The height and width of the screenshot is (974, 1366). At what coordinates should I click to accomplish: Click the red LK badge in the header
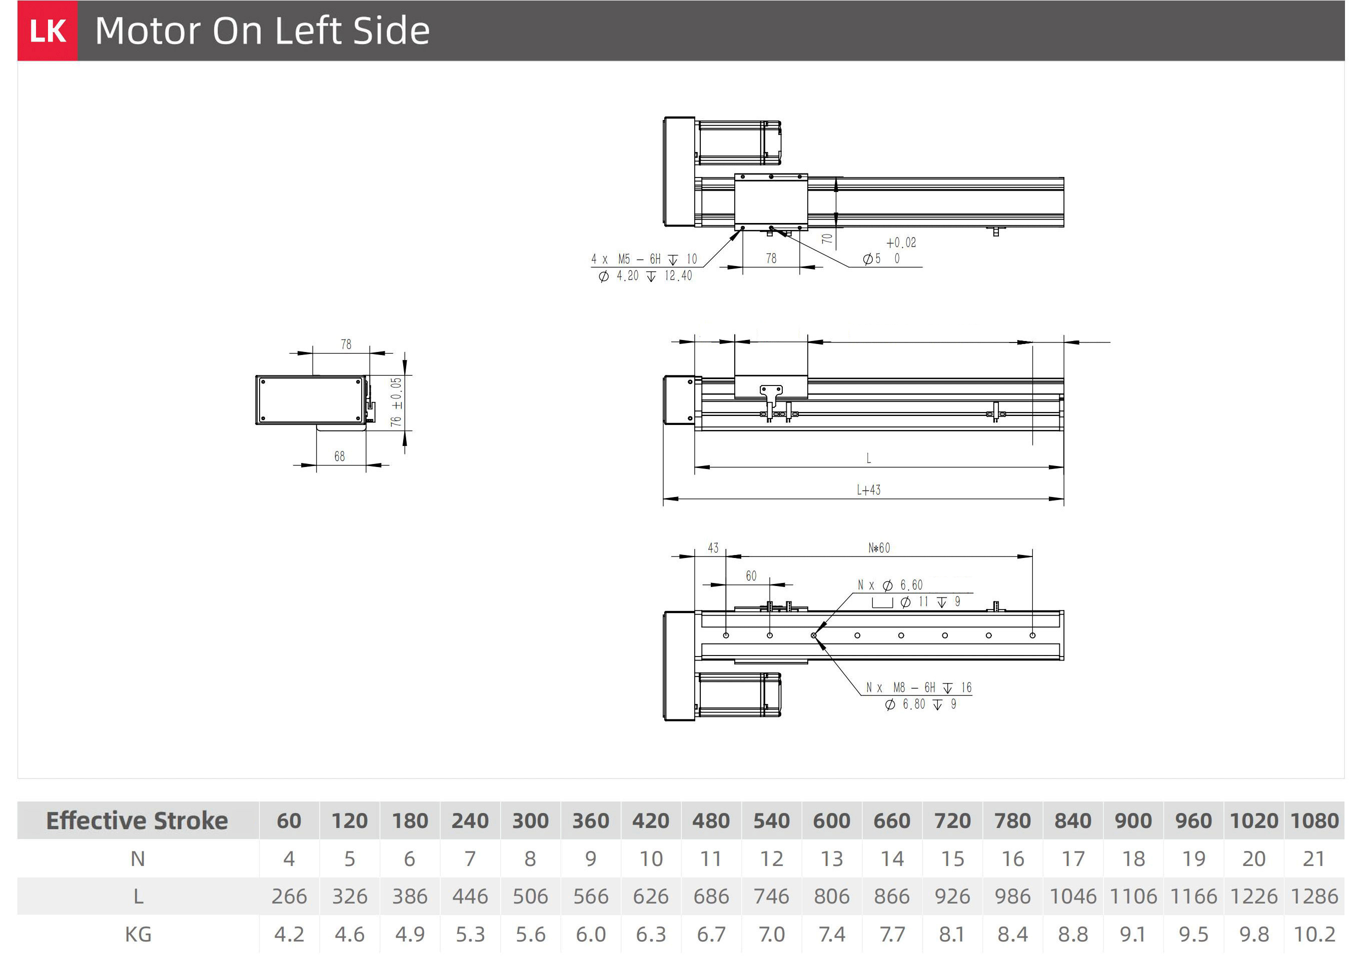(x=48, y=30)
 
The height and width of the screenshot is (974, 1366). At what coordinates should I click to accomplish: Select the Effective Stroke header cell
(x=138, y=820)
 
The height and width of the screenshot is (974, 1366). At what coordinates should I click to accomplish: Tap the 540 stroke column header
(x=771, y=820)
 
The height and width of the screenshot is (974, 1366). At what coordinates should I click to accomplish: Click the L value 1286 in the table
(x=1314, y=896)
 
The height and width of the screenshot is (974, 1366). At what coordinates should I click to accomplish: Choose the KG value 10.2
(x=1314, y=934)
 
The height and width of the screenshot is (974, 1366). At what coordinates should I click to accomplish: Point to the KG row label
(x=138, y=934)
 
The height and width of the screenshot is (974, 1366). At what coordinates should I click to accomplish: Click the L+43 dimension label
(x=868, y=490)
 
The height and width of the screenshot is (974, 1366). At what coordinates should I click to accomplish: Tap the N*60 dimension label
(x=879, y=548)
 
